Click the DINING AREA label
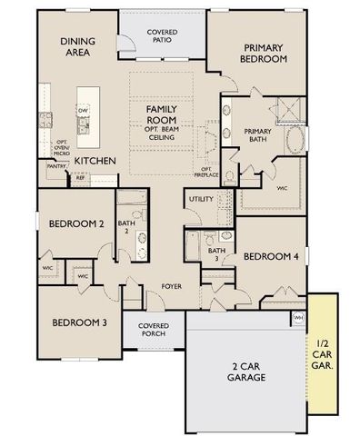[x=78, y=47]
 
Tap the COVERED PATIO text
[x=164, y=36]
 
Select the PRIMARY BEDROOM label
[x=265, y=53]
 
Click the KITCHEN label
[x=95, y=161]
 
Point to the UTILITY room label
[x=200, y=198]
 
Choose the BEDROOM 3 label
[x=78, y=322]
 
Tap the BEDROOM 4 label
[x=271, y=256]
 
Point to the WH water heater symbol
[x=297, y=317]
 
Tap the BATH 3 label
[x=216, y=254]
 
